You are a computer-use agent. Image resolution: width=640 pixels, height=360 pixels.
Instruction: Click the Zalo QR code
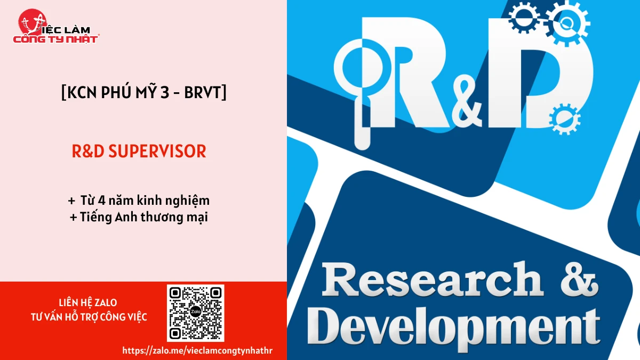tap(195, 313)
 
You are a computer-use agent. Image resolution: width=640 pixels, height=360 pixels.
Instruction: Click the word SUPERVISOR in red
tap(157, 151)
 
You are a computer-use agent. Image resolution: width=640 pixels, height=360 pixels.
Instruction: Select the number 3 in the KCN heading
tap(165, 92)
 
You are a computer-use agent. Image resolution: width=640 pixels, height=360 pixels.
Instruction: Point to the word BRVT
tap(203, 92)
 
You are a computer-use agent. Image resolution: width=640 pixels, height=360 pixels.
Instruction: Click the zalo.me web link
tap(197, 350)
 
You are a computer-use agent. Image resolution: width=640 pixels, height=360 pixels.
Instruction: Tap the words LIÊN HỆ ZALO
tap(88, 302)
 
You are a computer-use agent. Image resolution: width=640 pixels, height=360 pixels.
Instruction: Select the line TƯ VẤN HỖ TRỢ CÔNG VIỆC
tap(89, 317)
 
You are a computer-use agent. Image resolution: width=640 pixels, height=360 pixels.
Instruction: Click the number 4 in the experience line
tap(102, 201)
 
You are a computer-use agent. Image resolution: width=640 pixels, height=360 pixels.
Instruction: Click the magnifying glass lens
tap(362, 68)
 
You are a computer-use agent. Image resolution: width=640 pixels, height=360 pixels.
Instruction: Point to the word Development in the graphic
tap(454, 329)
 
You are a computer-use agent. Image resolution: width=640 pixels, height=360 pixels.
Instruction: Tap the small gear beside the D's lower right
tap(565, 119)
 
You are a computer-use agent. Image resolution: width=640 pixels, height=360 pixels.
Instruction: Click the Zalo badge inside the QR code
tap(195, 311)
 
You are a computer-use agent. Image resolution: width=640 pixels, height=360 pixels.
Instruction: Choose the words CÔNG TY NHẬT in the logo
tap(55, 39)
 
